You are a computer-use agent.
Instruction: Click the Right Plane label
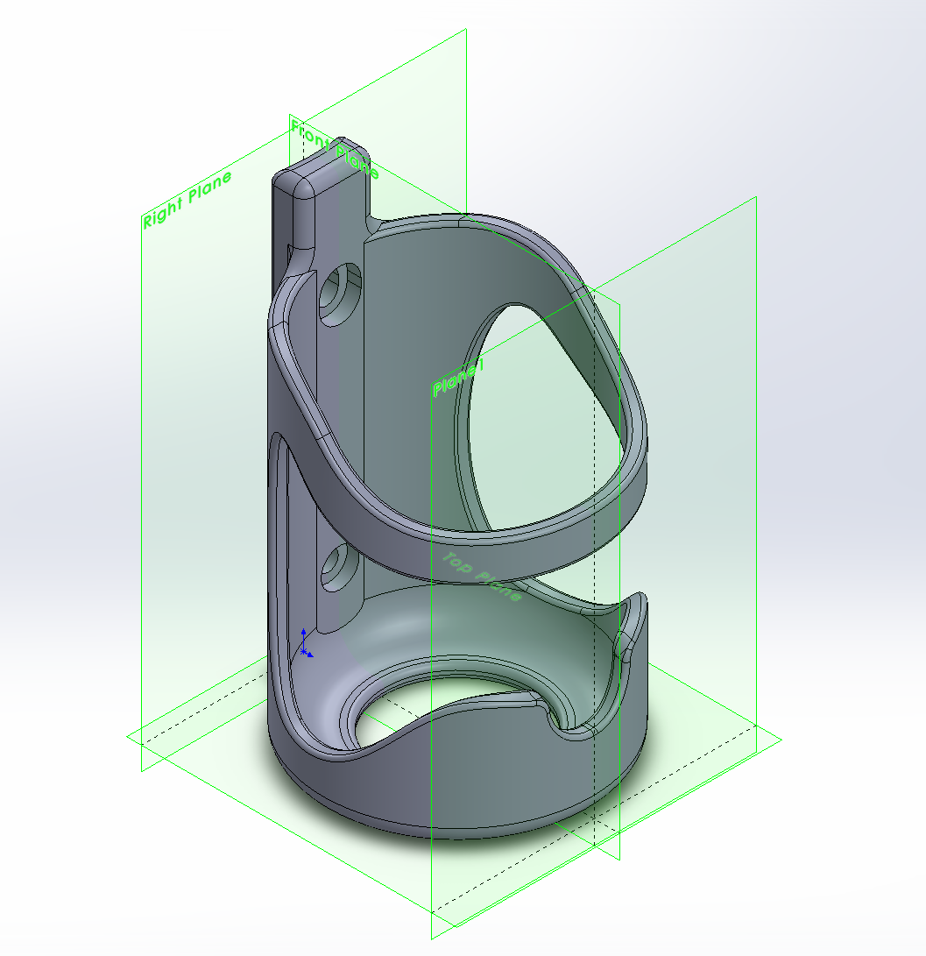(x=187, y=200)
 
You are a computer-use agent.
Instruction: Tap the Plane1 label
(x=457, y=378)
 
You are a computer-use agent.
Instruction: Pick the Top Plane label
(x=482, y=577)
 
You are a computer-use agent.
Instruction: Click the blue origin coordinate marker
(x=304, y=644)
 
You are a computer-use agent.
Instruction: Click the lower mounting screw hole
(x=339, y=568)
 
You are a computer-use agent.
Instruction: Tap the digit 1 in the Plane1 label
(x=479, y=367)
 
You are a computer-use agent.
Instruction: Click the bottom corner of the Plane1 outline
(x=432, y=938)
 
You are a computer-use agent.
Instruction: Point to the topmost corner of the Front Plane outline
(x=465, y=30)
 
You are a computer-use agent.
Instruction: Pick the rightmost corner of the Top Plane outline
(x=782, y=738)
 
